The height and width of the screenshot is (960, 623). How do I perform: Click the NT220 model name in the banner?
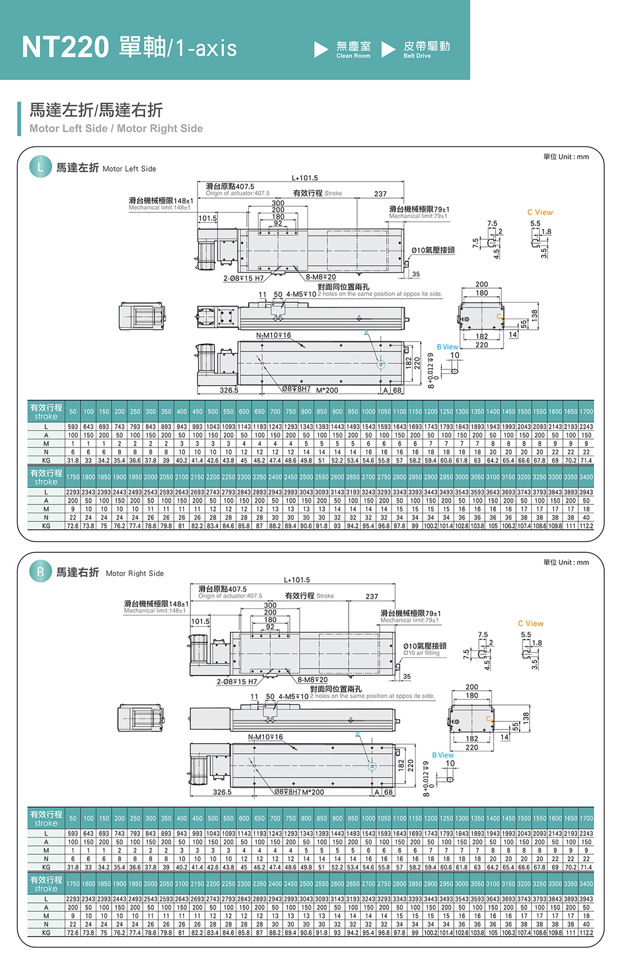pos(65,47)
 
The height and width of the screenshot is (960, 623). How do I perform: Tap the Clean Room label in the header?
pos(353,56)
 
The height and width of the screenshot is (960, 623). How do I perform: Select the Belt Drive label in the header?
pos(417,56)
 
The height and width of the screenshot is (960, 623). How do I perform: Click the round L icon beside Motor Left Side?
pos(41,167)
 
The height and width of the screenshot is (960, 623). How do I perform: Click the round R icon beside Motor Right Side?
pos(41,571)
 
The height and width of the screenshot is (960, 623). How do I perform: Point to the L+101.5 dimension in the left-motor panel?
pos(304,178)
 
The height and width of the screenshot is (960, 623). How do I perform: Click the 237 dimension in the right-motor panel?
pos(372,596)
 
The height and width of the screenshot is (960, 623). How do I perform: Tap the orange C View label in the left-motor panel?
pos(540,212)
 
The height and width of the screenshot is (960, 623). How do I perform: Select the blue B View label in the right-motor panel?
pos(443,755)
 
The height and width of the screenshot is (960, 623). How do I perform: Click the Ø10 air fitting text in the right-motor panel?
pos(421,653)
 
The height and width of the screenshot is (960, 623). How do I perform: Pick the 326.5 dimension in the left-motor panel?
pos(229,390)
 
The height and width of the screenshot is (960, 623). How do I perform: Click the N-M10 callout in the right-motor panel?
pos(265,737)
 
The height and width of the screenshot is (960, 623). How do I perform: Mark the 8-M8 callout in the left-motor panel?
pos(320,277)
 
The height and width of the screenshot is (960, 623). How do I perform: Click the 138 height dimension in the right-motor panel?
pos(526,717)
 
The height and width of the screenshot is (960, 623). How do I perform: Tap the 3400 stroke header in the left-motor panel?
pos(586,477)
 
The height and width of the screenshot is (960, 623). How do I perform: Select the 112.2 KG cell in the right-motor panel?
pos(586,932)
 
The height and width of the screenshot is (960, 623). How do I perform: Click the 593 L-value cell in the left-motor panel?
pos(72,427)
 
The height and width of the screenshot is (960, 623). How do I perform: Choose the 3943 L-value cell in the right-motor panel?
pos(586,899)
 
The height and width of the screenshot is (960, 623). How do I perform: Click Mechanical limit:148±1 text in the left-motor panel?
pos(159,208)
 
